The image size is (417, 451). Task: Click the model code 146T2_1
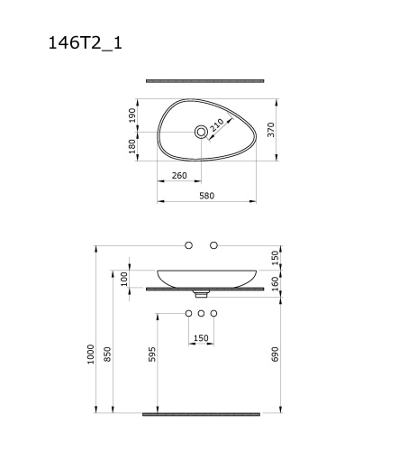(86, 43)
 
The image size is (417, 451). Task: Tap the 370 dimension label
(271, 130)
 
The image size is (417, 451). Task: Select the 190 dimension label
(132, 115)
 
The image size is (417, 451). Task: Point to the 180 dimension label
(132, 146)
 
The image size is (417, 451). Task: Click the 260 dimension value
(179, 175)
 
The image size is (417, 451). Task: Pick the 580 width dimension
(207, 196)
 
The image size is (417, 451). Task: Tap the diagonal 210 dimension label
(217, 125)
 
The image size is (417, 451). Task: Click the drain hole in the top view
(201, 132)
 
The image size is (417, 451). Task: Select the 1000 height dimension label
(91, 354)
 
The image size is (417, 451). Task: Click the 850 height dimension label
(107, 354)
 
